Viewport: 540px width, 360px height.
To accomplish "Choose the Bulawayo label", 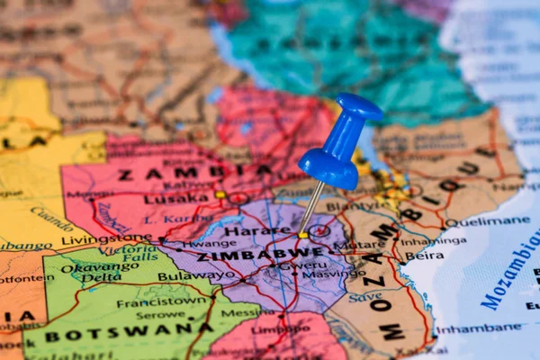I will tap(196, 276).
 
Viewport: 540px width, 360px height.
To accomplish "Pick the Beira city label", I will tap(425, 256).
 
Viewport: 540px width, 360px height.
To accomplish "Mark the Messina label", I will tap(240, 312).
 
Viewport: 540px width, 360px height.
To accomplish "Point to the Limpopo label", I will tap(269, 330).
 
